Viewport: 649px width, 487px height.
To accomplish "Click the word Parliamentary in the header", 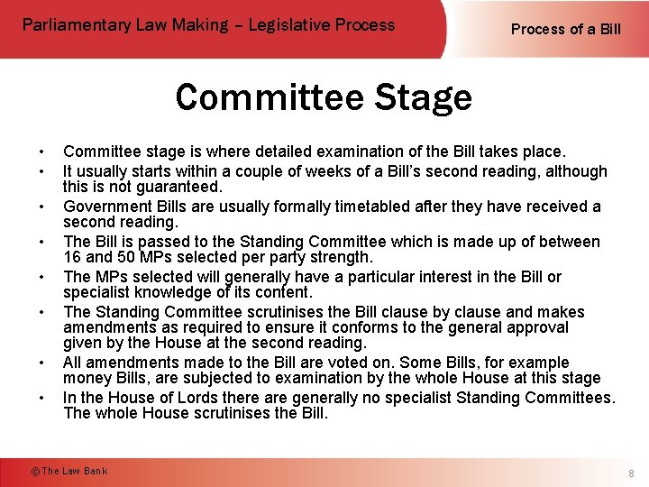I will pos(74,25).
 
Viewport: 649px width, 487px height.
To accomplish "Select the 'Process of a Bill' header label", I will pos(566,29).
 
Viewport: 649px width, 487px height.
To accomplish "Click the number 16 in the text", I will pos(72,258).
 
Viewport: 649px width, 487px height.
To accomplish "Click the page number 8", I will pos(632,473).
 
